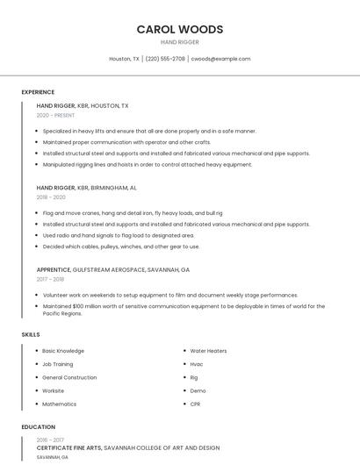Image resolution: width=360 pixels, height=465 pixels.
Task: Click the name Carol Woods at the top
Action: tap(180, 29)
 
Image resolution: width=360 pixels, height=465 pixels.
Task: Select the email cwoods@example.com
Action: tap(220, 59)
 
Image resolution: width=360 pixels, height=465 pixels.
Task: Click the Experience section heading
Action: tap(38, 92)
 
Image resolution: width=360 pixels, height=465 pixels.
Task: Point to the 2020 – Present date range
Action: tap(55, 115)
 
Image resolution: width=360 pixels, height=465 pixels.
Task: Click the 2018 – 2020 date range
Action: tap(51, 197)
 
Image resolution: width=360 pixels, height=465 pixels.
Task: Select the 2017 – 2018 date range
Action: tap(50, 279)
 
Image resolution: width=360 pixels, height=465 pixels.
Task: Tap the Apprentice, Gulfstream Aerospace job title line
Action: tap(112, 269)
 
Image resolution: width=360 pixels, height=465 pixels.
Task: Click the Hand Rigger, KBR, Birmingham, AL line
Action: tap(86, 188)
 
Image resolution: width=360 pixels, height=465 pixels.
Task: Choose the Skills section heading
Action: tap(31, 334)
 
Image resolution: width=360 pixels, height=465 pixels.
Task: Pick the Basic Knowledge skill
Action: tap(63, 351)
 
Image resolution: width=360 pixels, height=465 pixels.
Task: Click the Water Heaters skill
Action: tap(208, 351)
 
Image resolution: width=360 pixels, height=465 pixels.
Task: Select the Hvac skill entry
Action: tap(197, 364)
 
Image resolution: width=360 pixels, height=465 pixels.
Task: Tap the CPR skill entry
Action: tap(196, 404)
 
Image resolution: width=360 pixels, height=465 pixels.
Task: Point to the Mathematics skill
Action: tap(59, 404)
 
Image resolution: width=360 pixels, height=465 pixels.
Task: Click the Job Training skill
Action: tap(58, 364)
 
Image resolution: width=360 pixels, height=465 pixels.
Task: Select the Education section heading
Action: tap(38, 427)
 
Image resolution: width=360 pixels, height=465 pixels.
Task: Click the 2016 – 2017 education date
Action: tap(50, 440)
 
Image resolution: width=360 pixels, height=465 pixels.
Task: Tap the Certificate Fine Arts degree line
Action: tap(127, 448)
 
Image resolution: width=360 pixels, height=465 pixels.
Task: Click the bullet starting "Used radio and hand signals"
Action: tap(119, 235)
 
